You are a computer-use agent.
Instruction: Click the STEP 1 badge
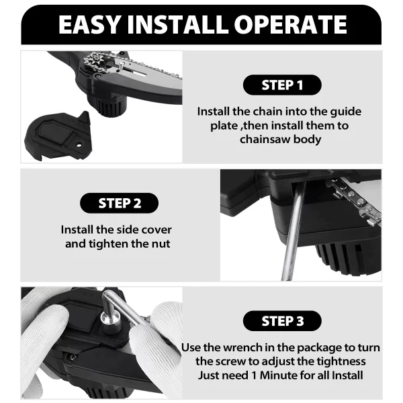pos(281,85)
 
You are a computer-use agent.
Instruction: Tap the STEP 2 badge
pos(119,203)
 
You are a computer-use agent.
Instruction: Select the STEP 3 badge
pos(281,321)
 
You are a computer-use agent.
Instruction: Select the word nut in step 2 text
pos(159,243)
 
